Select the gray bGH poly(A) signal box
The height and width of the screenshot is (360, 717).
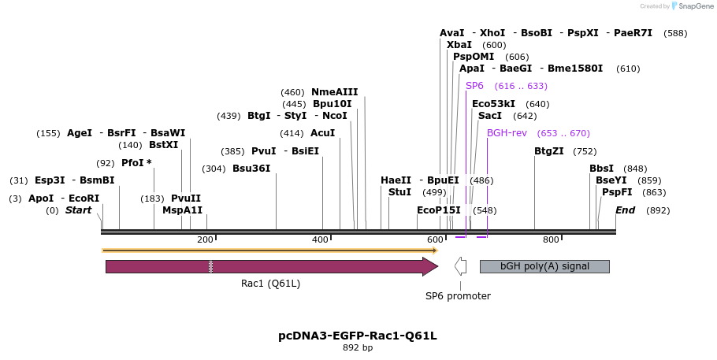pos(544,266)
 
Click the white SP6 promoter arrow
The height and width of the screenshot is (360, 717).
pos(460,266)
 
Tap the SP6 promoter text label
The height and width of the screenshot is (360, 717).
pos(458,296)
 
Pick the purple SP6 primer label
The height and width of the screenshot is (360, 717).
pos(474,86)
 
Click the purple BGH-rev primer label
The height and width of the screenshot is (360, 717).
pos(507,133)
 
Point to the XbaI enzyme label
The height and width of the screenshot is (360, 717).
pos(459,45)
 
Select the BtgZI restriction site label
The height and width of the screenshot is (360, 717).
pos(549,151)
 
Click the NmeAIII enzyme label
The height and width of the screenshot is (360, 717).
pos(334,92)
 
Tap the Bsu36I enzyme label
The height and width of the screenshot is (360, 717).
pos(251,169)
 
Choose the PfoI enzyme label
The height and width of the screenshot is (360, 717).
pos(136,163)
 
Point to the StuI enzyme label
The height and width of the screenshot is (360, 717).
pos(399,191)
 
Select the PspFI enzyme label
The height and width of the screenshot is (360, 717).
pos(617,192)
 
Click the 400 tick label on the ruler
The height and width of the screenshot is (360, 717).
pos(320,239)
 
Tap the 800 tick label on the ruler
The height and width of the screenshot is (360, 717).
pos(551,239)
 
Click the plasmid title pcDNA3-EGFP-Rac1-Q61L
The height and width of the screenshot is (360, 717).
pos(358,336)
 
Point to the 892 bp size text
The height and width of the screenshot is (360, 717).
pos(358,347)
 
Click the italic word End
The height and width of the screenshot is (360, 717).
pos(625,210)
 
